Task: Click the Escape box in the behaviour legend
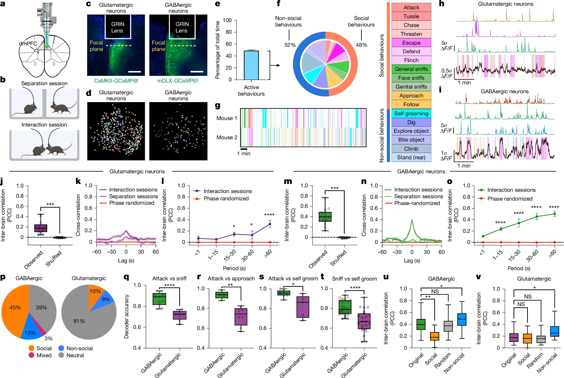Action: click(x=411, y=43)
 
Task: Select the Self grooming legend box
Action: click(x=411, y=114)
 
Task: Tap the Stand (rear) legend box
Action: click(x=411, y=157)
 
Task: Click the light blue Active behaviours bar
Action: click(x=251, y=65)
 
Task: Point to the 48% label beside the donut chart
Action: click(x=361, y=45)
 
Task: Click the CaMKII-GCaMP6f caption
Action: click(x=116, y=81)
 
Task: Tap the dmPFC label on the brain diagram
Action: click(x=28, y=44)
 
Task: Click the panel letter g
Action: click(x=217, y=105)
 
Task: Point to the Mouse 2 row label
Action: click(x=227, y=137)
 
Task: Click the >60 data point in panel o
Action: click(x=554, y=214)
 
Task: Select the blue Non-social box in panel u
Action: click(x=462, y=319)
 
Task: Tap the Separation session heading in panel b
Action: click(x=44, y=83)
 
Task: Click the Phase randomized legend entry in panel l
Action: click(x=226, y=198)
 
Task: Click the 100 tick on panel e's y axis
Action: click(x=227, y=20)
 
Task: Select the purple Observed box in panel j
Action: click(x=41, y=228)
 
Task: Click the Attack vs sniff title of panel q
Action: click(x=169, y=278)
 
